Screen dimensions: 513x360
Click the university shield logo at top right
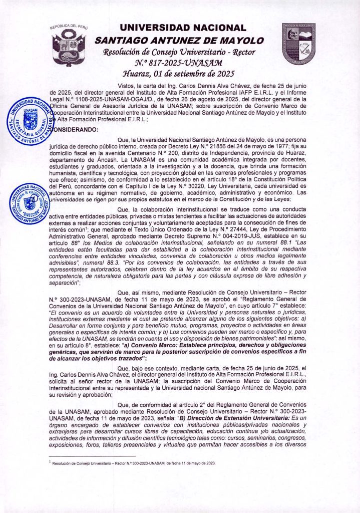(x=298, y=45)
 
